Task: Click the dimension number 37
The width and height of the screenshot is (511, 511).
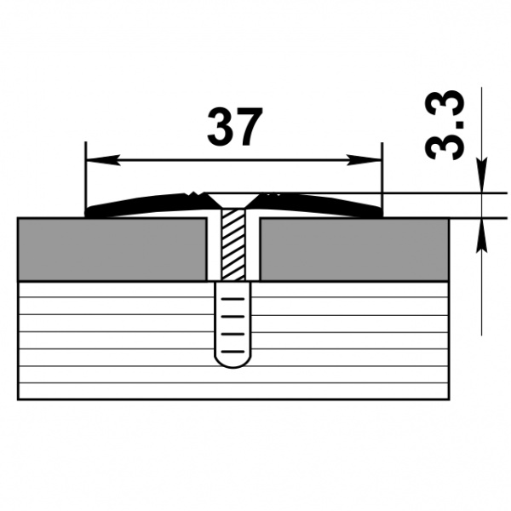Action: tap(233, 128)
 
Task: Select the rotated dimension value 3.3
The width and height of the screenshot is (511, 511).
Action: tap(444, 127)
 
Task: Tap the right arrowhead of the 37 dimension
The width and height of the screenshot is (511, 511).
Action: tap(371, 160)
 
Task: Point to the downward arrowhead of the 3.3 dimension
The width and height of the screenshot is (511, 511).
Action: tap(481, 183)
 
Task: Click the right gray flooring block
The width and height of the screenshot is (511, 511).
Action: tap(354, 249)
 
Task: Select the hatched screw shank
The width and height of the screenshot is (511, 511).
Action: tap(233, 247)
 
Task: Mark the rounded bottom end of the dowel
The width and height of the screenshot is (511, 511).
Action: tap(233, 362)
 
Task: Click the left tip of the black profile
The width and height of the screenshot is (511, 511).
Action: tap(89, 213)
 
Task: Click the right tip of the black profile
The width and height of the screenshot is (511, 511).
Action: tap(379, 213)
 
